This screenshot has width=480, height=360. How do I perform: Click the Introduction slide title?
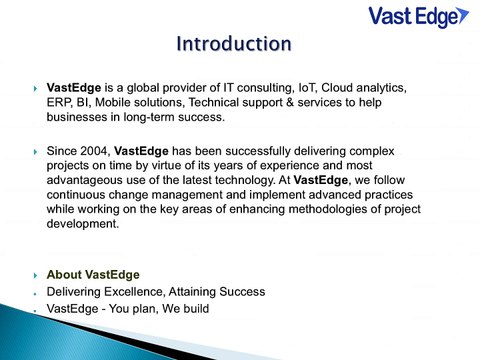tap(233, 44)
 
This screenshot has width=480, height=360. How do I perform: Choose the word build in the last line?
tap(193, 308)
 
